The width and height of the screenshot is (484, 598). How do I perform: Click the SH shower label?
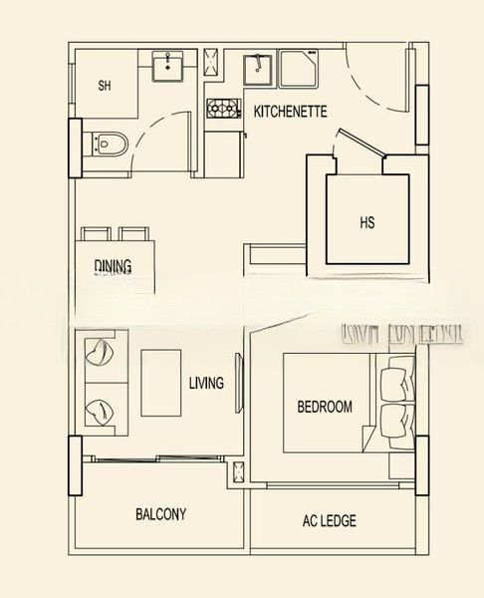coord(105,86)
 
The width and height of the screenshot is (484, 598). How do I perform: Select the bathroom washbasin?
coord(167,67)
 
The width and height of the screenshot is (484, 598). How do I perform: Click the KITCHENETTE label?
coord(290,112)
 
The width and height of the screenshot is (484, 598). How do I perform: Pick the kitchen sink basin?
coord(260,70)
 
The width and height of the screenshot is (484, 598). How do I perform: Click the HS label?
coord(367,222)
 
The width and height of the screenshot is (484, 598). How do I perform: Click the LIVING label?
coord(206,383)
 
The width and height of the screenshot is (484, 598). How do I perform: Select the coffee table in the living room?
coord(160,382)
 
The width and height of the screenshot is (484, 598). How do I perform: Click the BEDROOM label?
coord(325,407)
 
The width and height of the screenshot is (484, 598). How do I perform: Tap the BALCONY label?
coord(160,514)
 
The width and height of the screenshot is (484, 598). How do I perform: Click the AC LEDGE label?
coord(329,520)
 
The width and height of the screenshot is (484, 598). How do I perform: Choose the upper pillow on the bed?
coord(394,380)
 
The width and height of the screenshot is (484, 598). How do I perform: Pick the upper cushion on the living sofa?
coord(103,352)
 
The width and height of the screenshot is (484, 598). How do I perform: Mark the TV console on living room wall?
coord(238,383)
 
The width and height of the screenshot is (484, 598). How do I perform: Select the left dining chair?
coord(97,234)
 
